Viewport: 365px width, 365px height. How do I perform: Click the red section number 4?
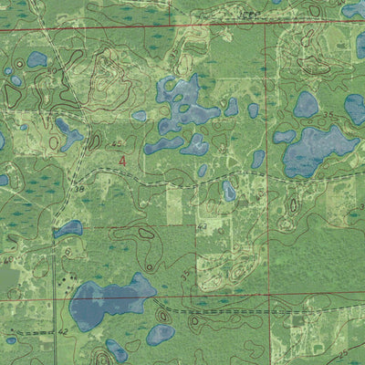(x=123, y=160)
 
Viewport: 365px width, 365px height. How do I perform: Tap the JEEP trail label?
(x=247, y=16)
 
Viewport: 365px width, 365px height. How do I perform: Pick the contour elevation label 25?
(x=342, y=352)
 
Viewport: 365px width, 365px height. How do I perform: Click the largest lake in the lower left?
(x=109, y=303)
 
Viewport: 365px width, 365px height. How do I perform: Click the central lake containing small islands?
(x=188, y=101)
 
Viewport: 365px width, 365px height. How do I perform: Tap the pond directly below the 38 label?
(x=67, y=228)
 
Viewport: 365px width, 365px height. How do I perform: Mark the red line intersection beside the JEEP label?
(x=267, y=25)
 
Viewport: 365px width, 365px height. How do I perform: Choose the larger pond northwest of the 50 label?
(x=36, y=59)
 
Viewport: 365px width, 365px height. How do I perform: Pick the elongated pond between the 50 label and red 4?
(x=68, y=133)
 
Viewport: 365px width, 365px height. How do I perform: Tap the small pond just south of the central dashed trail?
(x=229, y=191)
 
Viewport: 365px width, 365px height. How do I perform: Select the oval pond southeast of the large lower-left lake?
(x=161, y=334)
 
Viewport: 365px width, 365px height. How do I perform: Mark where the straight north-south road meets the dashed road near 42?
(x=55, y=332)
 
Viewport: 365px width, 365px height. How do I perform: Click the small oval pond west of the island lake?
(x=139, y=116)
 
